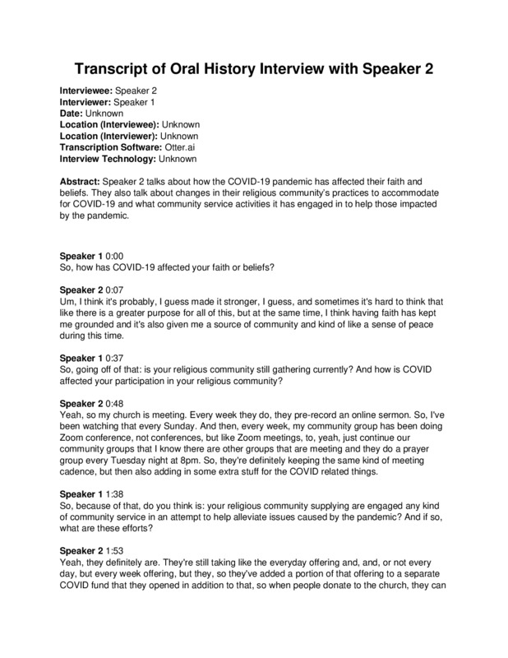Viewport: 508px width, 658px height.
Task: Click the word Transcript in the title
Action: (x=107, y=68)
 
